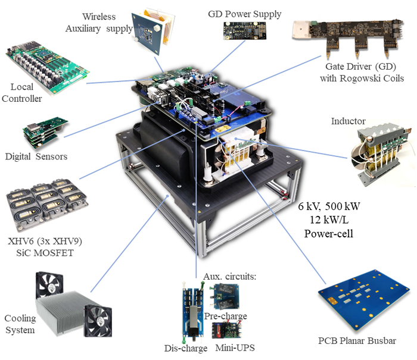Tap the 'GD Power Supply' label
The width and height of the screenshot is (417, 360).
(244, 13)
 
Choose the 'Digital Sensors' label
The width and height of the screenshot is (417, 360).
(36, 157)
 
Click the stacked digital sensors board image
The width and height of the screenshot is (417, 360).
(45, 132)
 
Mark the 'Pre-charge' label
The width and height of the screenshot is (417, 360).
(225, 316)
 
